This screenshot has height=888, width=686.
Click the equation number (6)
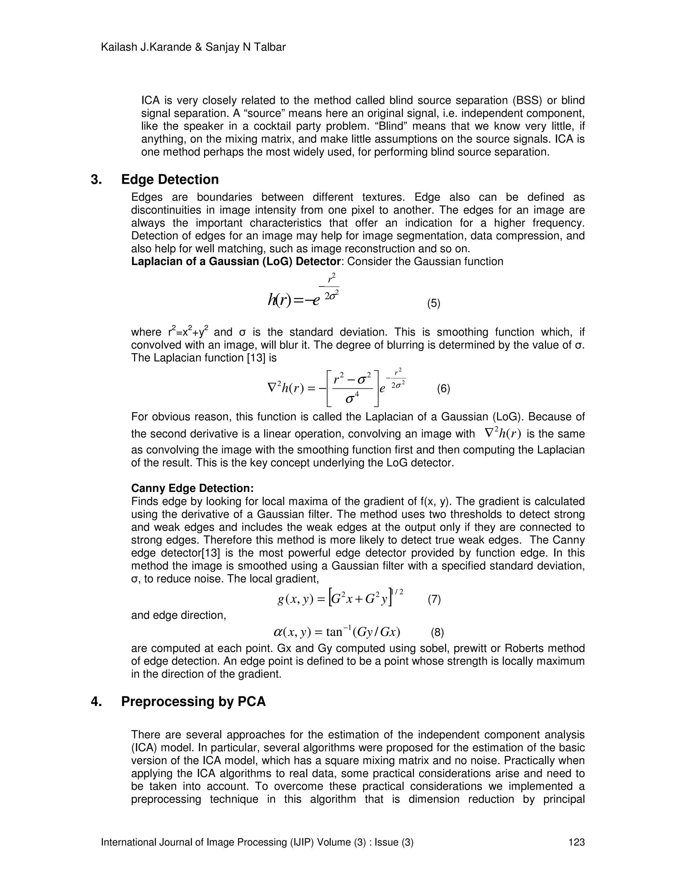coord(443,389)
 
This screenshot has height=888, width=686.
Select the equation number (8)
coord(437,632)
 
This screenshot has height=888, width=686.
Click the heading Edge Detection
coord(169,179)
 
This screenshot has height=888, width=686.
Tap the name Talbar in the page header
coord(271,47)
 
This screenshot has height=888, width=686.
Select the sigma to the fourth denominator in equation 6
coord(351,398)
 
